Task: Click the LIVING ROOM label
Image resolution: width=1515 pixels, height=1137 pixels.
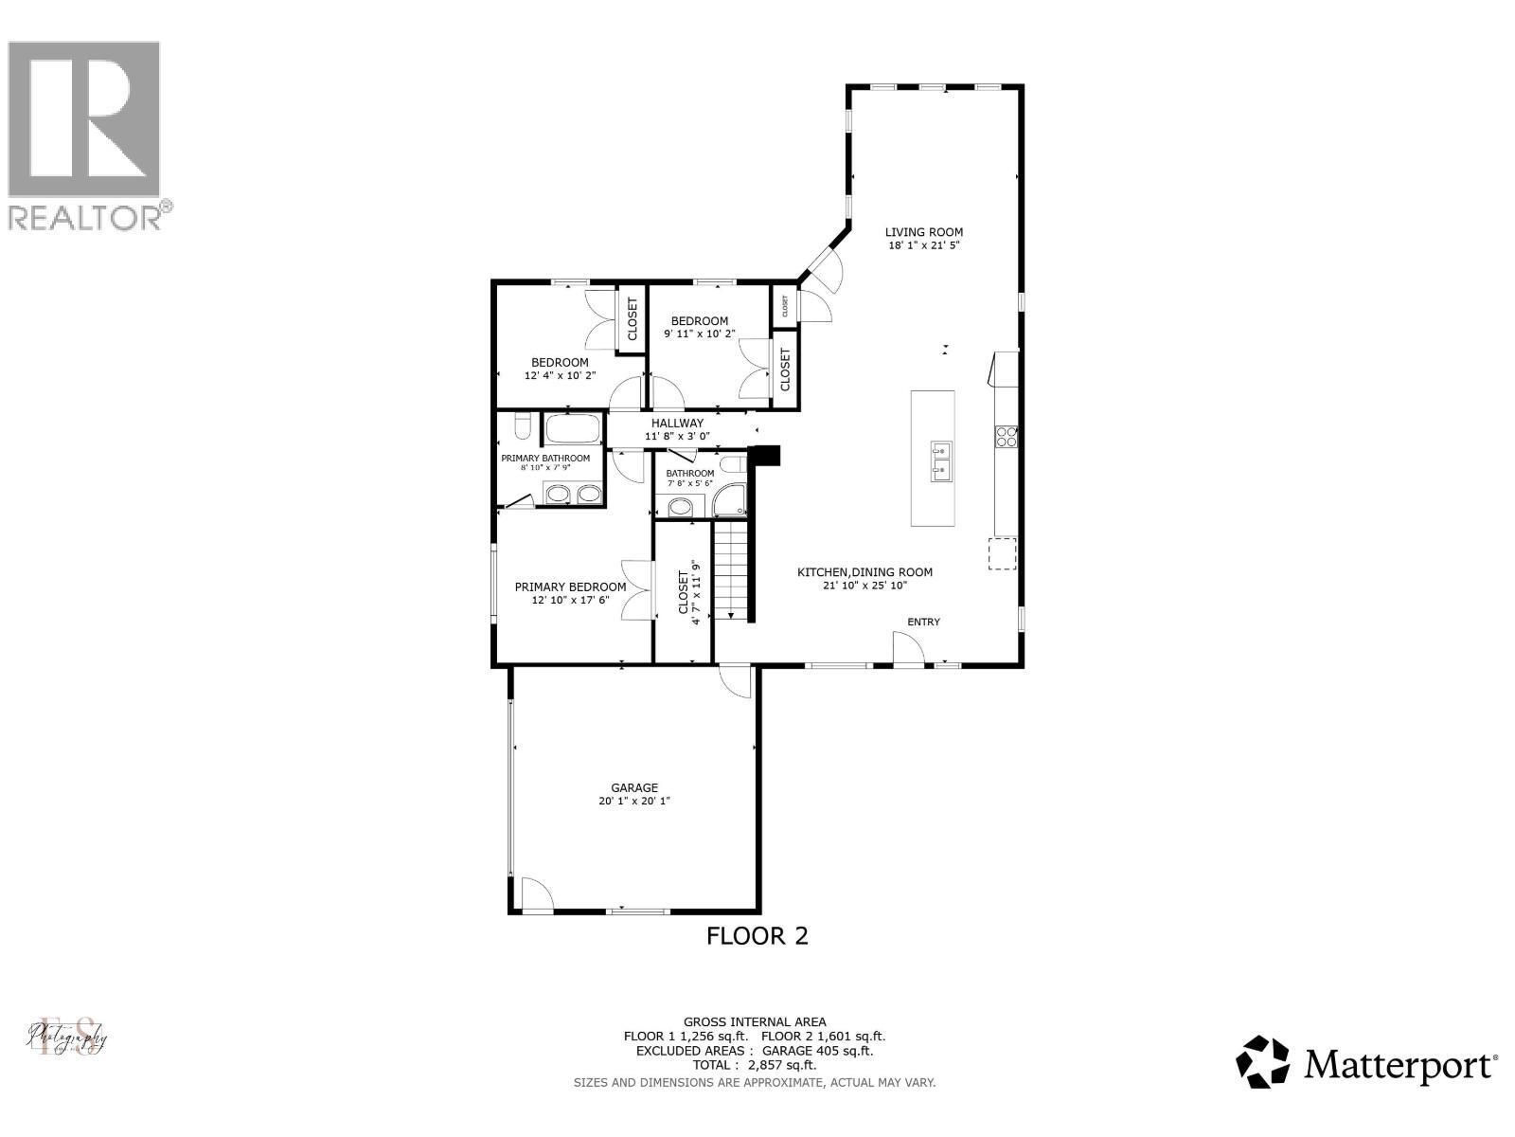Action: pyautogui.click(x=923, y=232)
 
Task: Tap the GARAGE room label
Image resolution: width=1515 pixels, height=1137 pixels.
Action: pyautogui.click(x=633, y=787)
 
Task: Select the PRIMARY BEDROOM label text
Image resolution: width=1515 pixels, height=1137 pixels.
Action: pyautogui.click(x=570, y=587)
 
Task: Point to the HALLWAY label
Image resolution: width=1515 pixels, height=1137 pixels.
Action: pyautogui.click(x=677, y=424)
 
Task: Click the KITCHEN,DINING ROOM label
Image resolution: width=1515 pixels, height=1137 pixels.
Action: pyautogui.click(x=864, y=572)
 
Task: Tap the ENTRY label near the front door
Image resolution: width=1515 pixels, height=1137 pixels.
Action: pyautogui.click(x=923, y=623)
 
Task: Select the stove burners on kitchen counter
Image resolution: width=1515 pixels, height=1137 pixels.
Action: pyautogui.click(x=1006, y=436)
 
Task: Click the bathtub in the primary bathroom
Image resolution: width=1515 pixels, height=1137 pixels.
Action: pyautogui.click(x=572, y=429)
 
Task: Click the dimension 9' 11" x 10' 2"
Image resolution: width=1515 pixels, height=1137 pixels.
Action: pyautogui.click(x=695, y=334)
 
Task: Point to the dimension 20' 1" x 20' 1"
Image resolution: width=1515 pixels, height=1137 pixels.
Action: pyautogui.click(x=633, y=802)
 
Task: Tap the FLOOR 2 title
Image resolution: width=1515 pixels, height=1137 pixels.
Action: pyautogui.click(x=757, y=936)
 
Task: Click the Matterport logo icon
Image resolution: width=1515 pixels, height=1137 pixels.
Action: pyautogui.click(x=1264, y=1062)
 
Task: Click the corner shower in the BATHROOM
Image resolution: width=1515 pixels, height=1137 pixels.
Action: pyautogui.click(x=730, y=499)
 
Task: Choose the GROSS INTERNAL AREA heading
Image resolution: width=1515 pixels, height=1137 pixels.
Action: pyautogui.click(x=755, y=1021)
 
